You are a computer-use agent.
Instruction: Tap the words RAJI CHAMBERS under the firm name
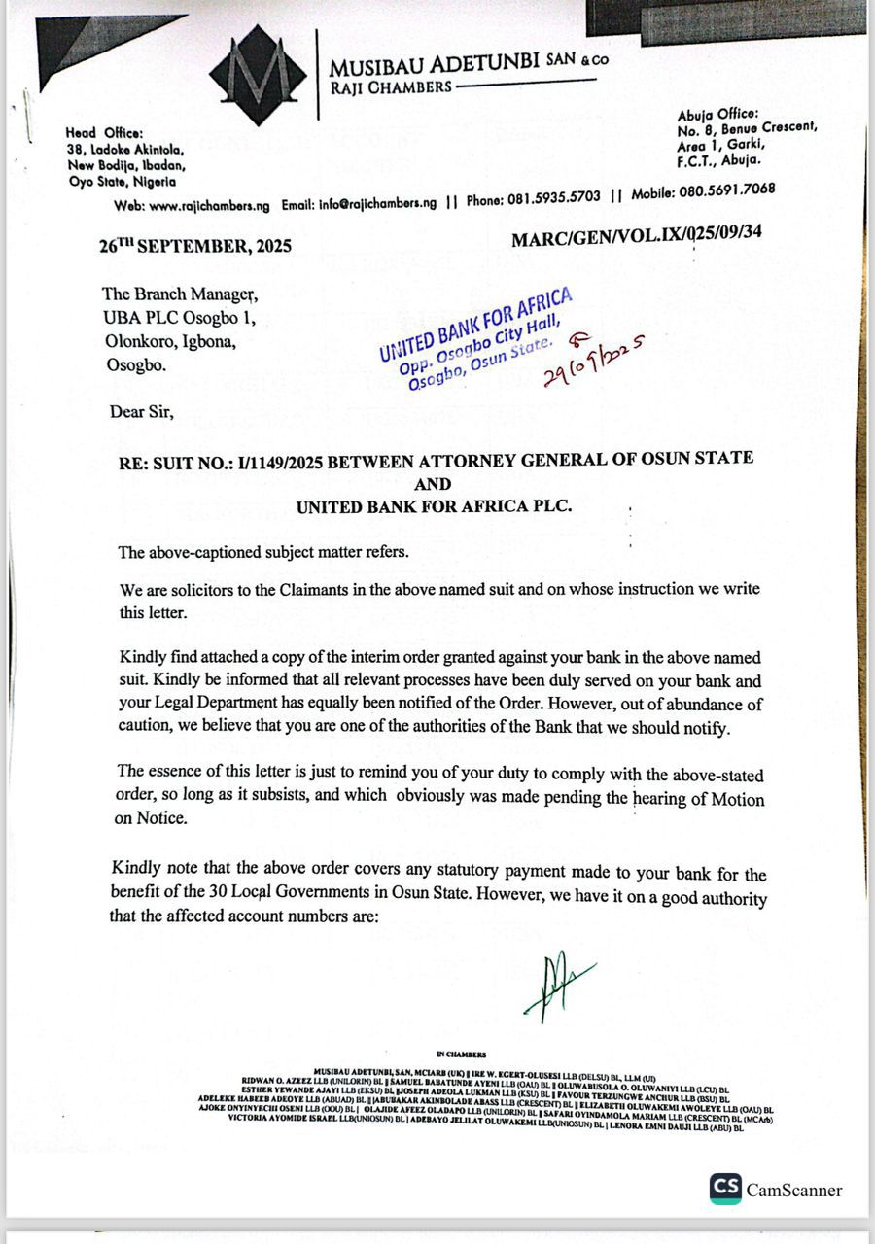click(x=391, y=87)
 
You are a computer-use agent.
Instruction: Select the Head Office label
click(x=104, y=133)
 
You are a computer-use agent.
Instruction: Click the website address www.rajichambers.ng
click(x=209, y=206)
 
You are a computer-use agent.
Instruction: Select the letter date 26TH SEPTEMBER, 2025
click(x=194, y=246)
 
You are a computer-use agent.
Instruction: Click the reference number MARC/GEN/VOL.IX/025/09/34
click(x=636, y=233)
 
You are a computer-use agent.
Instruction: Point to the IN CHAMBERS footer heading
click(x=462, y=1054)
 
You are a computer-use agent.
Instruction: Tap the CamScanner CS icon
click(x=725, y=1189)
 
